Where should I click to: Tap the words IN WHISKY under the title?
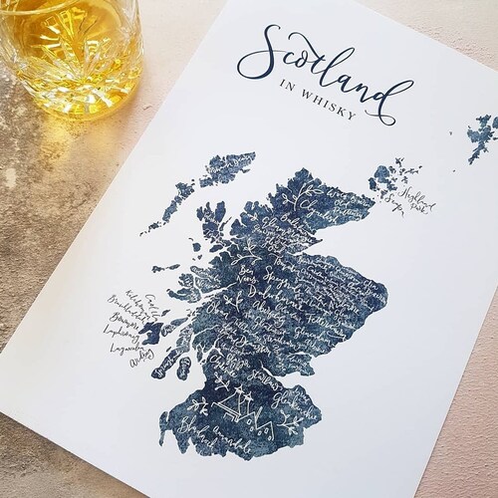pyautogui.click(x=324, y=113)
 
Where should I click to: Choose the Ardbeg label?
pyautogui.click(x=142, y=363)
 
